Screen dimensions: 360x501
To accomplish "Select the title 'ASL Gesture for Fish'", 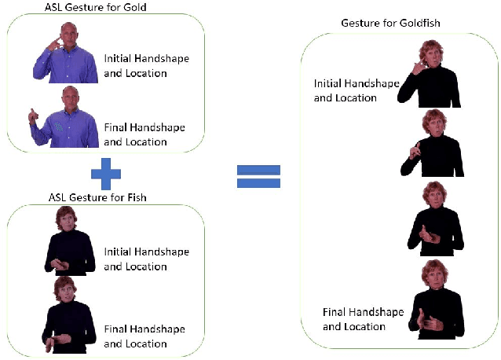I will click(x=104, y=197).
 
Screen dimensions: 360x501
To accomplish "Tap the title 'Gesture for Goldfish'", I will click(x=389, y=23).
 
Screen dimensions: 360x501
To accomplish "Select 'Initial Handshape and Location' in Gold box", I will click(x=146, y=66).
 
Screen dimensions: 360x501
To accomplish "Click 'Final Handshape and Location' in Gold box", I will click(x=146, y=134).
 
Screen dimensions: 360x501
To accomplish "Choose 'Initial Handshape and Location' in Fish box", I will click(x=146, y=259).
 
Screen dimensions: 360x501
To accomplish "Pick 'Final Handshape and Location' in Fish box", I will click(x=146, y=336).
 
